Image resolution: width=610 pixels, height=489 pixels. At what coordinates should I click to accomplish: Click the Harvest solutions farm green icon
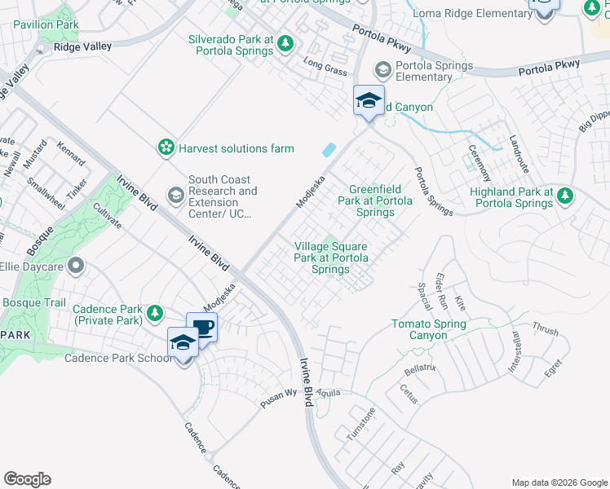(x=166, y=148)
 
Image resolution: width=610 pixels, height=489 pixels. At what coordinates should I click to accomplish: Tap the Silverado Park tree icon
(x=285, y=43)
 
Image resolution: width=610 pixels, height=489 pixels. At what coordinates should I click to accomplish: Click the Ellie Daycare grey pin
(x=77, y=266)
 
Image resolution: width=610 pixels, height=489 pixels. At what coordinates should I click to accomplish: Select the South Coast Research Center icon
(x=175, y=196)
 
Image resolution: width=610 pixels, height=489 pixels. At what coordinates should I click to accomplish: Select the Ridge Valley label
(x=82, y=47)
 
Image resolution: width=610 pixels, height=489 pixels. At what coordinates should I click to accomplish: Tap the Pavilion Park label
(x=46, y=25)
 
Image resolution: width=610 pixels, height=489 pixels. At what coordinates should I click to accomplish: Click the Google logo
(x=27, y=478)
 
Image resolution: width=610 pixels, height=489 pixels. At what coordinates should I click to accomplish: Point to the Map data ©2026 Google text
(x=559, y=482)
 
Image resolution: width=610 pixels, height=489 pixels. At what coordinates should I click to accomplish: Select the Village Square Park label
(x=330, y=258)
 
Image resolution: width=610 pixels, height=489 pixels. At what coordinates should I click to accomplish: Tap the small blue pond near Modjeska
(x=329, y=150)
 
